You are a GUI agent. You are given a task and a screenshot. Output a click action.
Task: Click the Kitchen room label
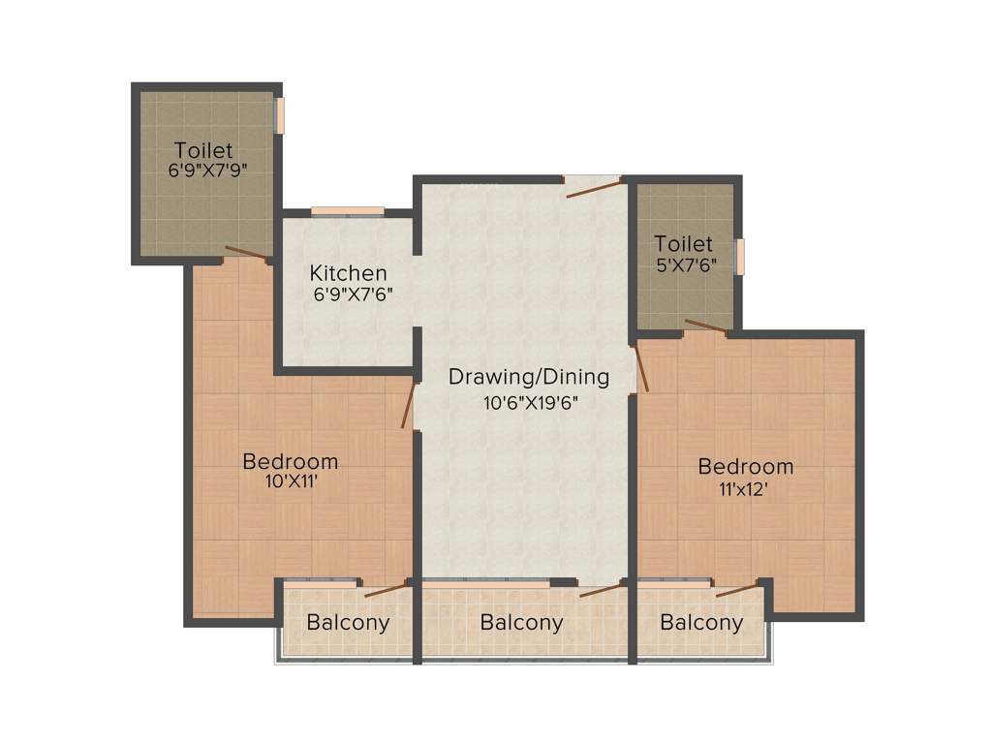[348, 273]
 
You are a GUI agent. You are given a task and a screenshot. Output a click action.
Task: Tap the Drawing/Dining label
[528, 376]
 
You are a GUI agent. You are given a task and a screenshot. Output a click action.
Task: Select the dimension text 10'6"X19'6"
[531, 403]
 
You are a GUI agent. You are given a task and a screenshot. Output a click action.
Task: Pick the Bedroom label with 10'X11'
[290, 461]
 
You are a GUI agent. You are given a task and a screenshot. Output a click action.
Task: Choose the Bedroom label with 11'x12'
[745, 467]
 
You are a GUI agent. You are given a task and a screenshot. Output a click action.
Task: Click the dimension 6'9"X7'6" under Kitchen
[352, 294]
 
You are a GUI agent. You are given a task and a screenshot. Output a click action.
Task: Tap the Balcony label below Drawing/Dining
[521, 623]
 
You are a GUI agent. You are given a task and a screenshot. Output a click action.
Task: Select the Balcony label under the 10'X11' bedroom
[348, 623]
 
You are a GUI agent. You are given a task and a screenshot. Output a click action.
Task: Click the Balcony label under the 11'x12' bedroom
[701, 623]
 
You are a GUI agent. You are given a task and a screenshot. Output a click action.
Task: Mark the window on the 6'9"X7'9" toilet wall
[279, 114]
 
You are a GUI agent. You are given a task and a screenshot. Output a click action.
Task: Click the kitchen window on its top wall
[347, 211]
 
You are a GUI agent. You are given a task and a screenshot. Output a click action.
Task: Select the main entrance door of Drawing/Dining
[593, 187]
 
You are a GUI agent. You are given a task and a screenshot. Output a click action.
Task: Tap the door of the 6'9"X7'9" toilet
[247, 255]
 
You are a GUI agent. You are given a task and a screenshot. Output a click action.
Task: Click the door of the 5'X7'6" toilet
[705, 327]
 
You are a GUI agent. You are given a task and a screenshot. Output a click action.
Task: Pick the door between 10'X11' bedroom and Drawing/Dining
[410, 405]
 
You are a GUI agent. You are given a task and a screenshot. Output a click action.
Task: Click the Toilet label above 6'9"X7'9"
[203, 150]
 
